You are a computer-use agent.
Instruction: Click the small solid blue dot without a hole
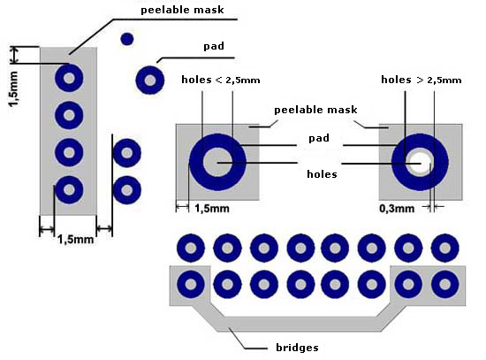[x=126, y=40]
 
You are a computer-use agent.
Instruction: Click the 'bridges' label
[x=297, y=348]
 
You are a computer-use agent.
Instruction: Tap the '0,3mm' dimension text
[x=397, y=209]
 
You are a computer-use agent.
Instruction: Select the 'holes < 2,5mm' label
[x=221, y=80]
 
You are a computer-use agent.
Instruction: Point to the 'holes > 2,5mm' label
[x=421, y=80]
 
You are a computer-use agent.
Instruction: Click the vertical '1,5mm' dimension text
[x=14, y=88]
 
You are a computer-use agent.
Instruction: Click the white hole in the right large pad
[x=421, y=163]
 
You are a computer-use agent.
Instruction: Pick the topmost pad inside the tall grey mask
[x=69, y=78]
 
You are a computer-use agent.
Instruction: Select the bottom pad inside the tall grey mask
[x=69, y=189]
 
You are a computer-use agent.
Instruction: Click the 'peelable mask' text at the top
[x=182, y=10]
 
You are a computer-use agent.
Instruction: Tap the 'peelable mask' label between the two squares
[x=315, y=110]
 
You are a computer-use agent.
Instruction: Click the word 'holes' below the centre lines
[x=322, y=174]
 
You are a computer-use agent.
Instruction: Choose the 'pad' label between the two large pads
[x=319, y=138]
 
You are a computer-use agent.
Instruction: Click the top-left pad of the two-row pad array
[x=191, y=249]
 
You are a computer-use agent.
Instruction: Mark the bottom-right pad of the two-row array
[x=445, y=284]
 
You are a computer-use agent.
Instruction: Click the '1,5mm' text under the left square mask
[x=212, y=209]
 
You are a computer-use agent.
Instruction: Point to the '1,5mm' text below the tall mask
[x=76, y=240]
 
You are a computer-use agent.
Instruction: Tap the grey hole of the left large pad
[x=217, y=162]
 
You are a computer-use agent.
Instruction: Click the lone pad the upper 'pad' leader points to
[x=150, y=80]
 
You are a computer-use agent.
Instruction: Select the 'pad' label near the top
[x=214, y=46]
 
